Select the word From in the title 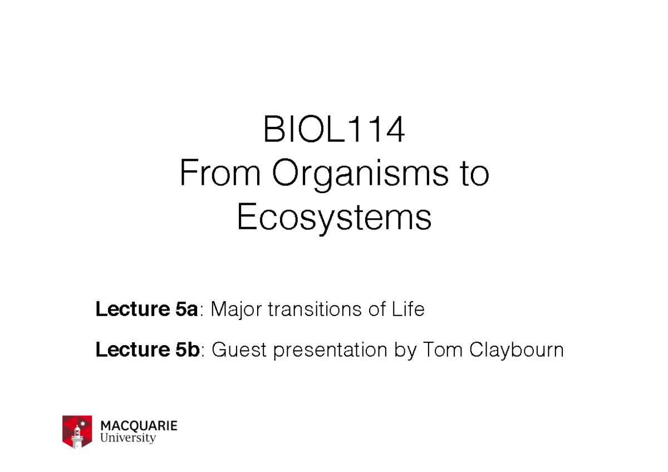pos(219,175)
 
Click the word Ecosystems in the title pos(334,218)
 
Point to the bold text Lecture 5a pos(146,309)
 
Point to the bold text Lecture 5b pos(148,350)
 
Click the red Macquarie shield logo pos(77,431)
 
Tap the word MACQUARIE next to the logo pos(139,426)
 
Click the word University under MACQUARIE pos(128,438)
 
